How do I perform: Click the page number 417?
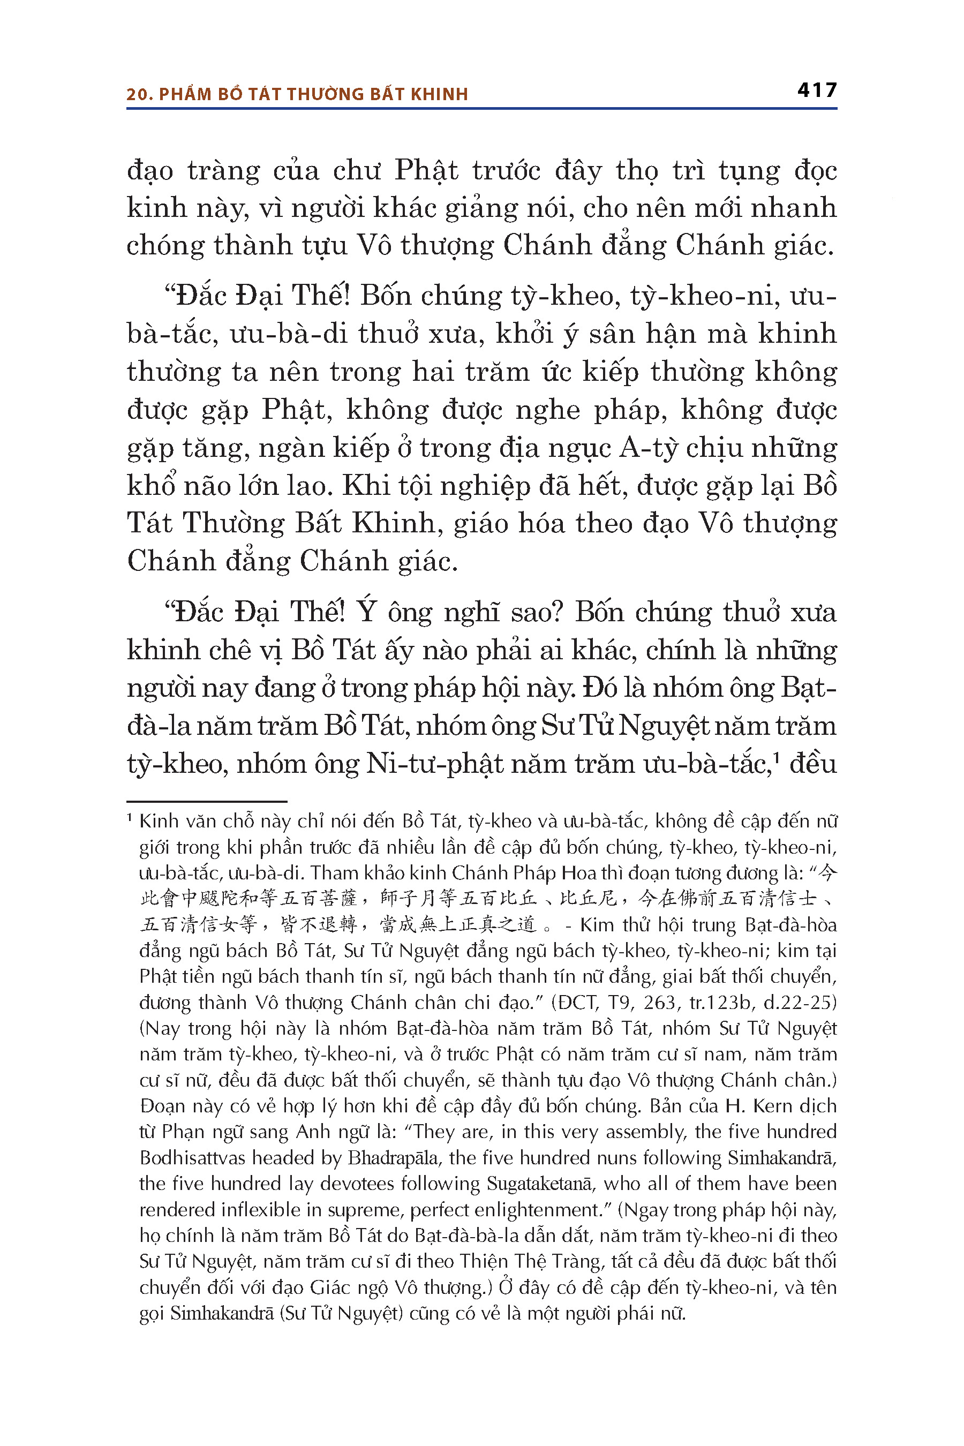(817, 91)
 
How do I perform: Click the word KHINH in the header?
(439, 94)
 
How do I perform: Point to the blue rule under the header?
(481, 109)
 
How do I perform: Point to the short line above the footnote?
(207, 801)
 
